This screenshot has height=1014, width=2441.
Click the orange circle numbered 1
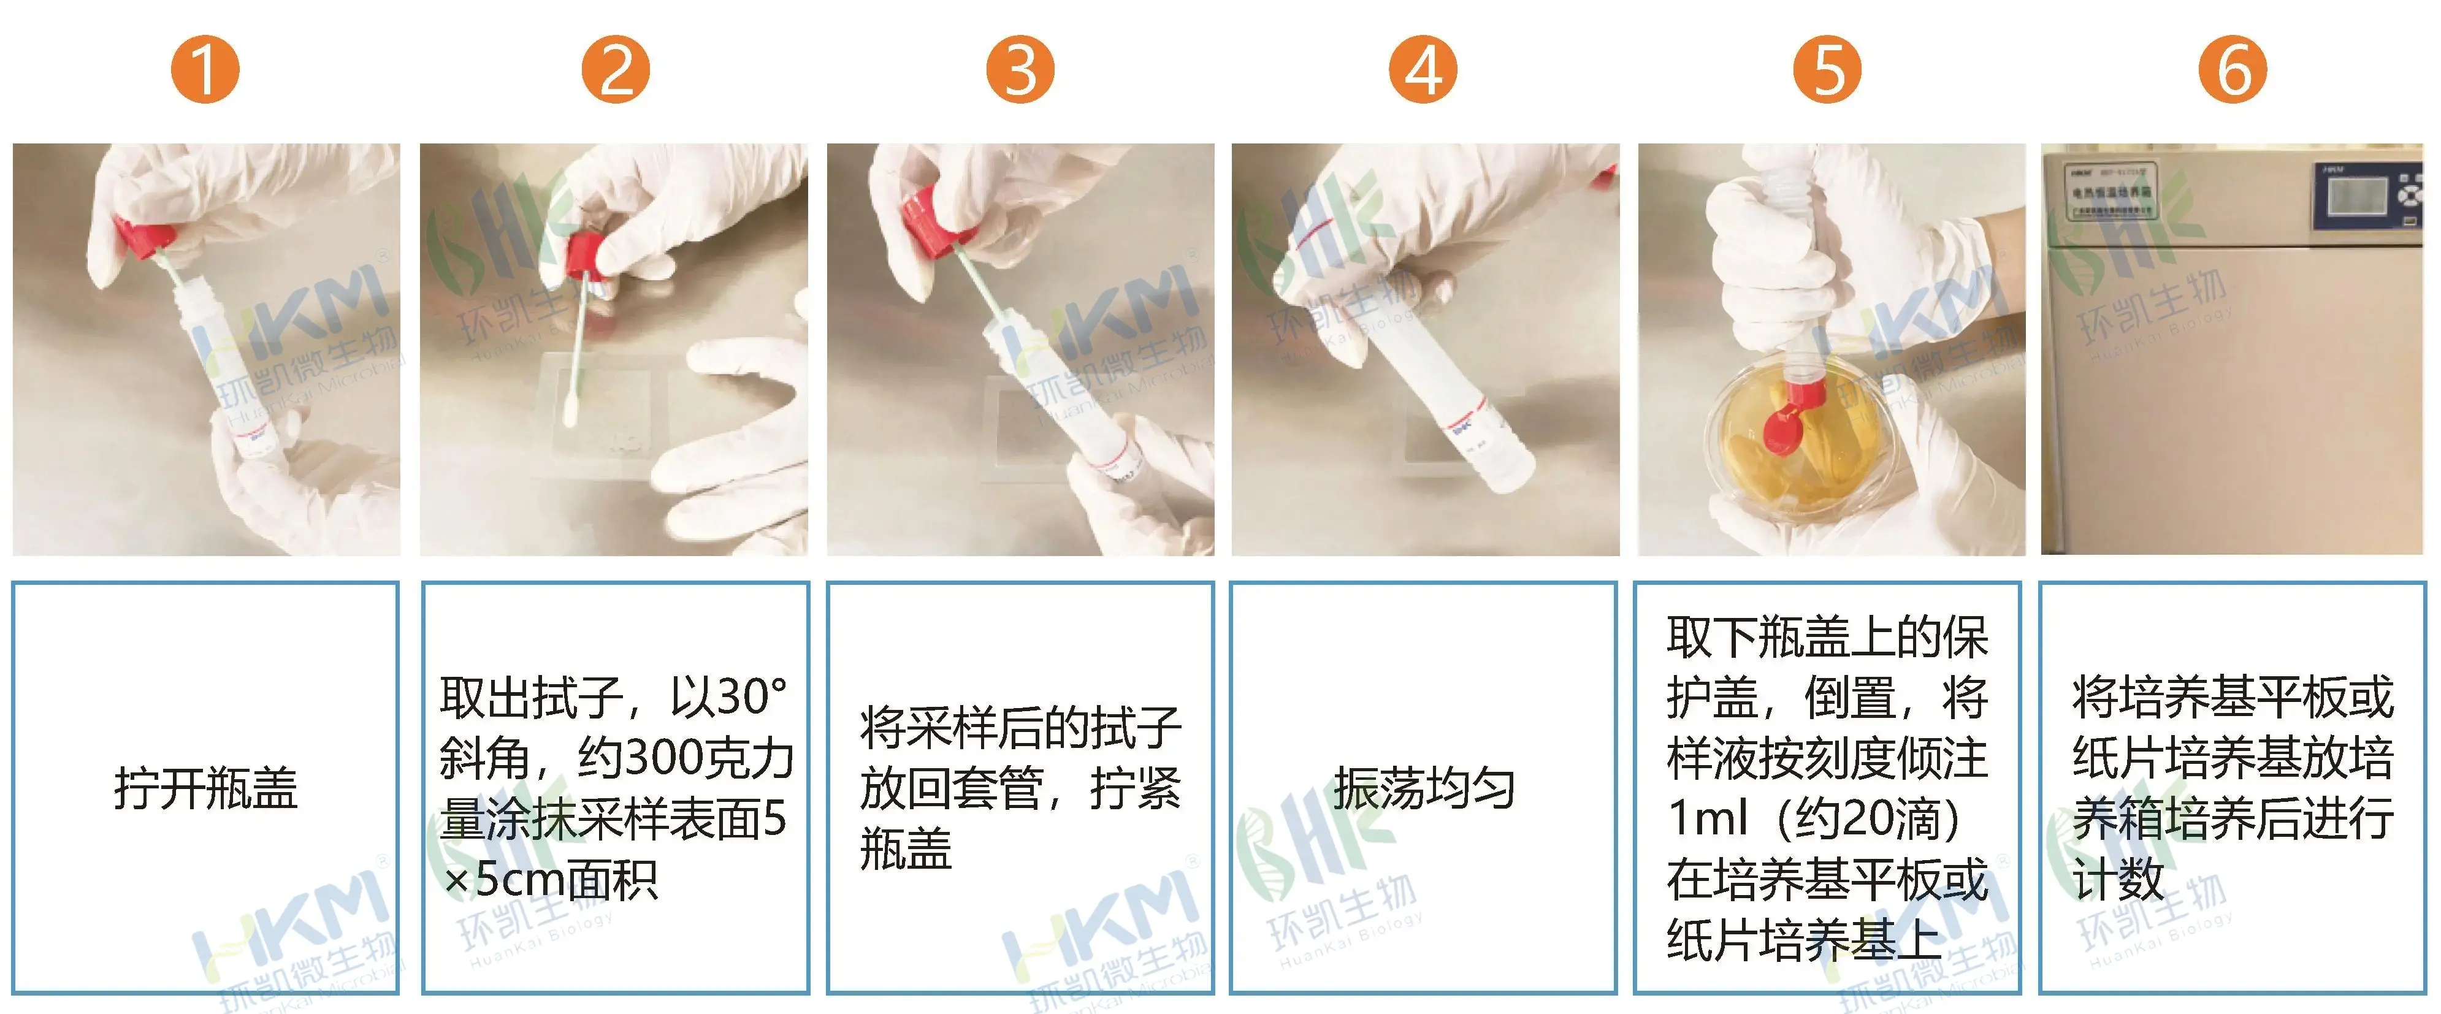pos(205,69)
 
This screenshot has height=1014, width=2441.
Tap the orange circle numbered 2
pos(615,69)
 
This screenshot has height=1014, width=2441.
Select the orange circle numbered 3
pos(1020,69)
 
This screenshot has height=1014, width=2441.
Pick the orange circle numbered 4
pos(1423,69)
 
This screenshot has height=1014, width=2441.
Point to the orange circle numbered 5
pos(1827,69)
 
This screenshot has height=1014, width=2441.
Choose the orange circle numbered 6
pos(2233,69)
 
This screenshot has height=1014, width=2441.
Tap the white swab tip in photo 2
pos(571,410)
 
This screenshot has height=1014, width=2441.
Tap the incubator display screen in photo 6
pos(2356,195)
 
